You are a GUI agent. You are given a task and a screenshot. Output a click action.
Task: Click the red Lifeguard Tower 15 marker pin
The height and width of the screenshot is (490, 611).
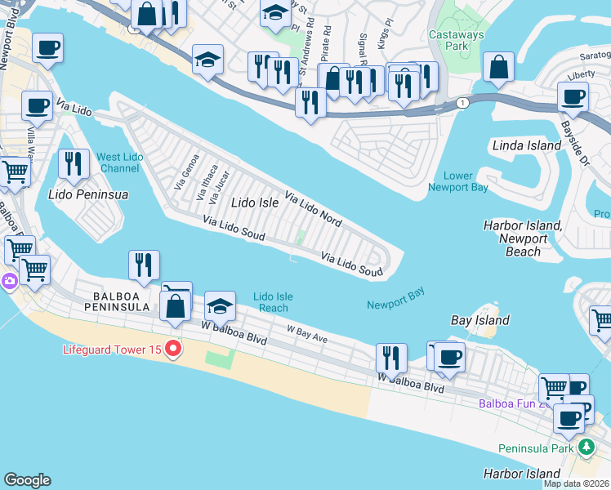pyautogui.click(x=172, y=350)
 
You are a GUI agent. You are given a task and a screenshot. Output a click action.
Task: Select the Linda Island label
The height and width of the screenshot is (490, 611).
pyautogui.click(x=526, y=145)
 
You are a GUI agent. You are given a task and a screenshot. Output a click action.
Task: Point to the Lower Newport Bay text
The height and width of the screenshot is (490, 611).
pyautogui.click(x=457, y=181)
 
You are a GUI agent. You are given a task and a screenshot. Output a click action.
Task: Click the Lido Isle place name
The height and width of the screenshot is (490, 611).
pyautogui.click(x=255, y=202)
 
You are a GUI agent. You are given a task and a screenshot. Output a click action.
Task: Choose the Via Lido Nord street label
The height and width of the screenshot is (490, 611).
pyautogui.click(x=313, y=210)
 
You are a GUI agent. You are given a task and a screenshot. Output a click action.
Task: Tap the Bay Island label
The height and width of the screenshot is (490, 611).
pyautogui.click(x=479, y=321)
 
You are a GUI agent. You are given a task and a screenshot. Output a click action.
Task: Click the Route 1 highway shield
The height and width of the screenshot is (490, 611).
pyautogui.click(x=463, y=102)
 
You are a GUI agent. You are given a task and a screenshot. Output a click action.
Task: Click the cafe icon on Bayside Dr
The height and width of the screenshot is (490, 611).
pyautogui.click(x=573, y=97)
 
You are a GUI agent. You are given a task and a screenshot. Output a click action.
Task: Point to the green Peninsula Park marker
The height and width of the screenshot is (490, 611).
pyautogui.click(x=585, y=448)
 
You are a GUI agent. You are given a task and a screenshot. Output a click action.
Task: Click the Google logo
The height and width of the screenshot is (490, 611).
pyautogui.click(x=27, y=480)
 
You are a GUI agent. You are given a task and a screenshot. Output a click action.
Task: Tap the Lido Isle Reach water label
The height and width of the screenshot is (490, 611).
pyautogui.click(x=273, y=302)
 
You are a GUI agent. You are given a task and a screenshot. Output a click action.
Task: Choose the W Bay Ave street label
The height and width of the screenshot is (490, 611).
pyautogui.click(x=306, y=332)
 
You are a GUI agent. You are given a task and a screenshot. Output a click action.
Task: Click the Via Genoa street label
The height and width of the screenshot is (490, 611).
pyautogui.click(x=187, y=172)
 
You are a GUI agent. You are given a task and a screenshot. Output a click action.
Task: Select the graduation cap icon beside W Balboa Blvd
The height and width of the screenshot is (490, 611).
pyautogui.click(x=219, y=306)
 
